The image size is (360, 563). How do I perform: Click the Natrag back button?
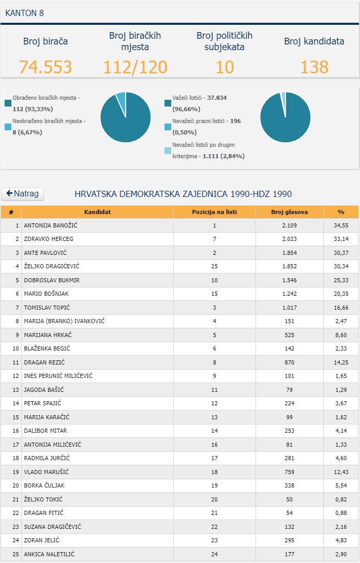pyautogui.click(x=23, y=194)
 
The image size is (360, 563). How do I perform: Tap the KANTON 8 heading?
pyautogui.click(x=24, y=13)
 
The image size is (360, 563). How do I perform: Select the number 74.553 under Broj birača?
pyautogui.click(x=46, y=67)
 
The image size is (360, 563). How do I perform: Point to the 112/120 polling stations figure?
pyautogui.click(x=135, y=67)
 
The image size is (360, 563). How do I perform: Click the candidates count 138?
pyautogui.click(x=314, y=67)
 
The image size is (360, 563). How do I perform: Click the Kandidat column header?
pyautogui.click(x=97, y=212)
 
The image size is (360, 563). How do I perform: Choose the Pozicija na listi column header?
pyautogui.click(x=215, y=212)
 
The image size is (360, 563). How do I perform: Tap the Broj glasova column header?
pyautogui.click(x=290, y=212)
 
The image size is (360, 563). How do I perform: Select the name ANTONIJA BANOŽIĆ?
pyautogui.click(x=51, y=225)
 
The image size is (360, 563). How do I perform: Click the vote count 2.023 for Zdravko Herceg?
pyautogui.click(x=290, y=239)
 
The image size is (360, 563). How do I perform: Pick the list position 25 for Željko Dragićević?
pyautogui.click(x=215, y=266)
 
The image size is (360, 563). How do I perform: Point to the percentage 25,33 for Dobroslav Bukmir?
pyautogui.click(x=341, y=280)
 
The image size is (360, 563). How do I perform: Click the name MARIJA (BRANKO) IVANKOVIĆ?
pyautogui.click(x=64, y=321)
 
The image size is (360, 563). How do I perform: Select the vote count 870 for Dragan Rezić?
pyautogui.click(x=290, y=362)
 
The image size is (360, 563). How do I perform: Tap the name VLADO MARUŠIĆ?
pyautogui.click(x=47, y=472)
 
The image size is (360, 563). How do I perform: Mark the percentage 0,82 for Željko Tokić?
pyautogui.click(x=341, y=499)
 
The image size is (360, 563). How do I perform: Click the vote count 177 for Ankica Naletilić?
pyautogui.click(x=290, y=554)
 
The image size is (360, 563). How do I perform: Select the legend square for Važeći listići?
pyautogui.click(x=168, y=103)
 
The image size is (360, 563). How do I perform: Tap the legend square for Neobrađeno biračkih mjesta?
pyautogui.click(x=8, y=127)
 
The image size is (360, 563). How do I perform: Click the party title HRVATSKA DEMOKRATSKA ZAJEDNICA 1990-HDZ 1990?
pyautogui.click(x=183, y=194)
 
